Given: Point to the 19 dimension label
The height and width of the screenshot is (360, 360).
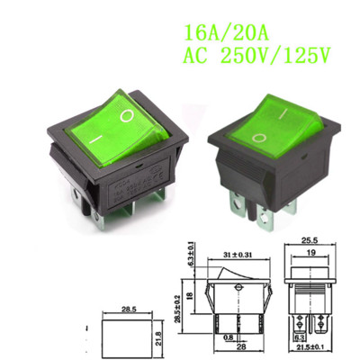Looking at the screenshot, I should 310,255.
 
